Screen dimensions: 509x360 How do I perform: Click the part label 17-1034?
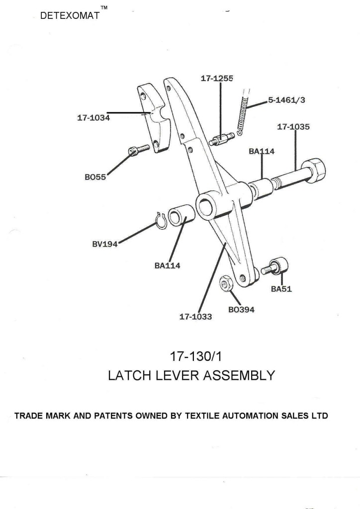point(93,118)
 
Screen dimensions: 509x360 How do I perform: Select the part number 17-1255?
point(217,78)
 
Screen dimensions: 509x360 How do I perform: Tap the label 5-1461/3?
point(286,100)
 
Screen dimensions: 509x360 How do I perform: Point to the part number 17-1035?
point(293,127)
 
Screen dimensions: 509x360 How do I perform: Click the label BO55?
point(95,177)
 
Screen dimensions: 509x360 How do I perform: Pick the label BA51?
point(281,290)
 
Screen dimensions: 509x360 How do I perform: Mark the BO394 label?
point(241,310)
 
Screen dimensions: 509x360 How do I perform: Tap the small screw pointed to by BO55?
point(138,150)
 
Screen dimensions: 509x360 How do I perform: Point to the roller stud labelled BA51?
point(279,265)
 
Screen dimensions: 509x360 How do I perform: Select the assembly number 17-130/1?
point(191,356)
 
